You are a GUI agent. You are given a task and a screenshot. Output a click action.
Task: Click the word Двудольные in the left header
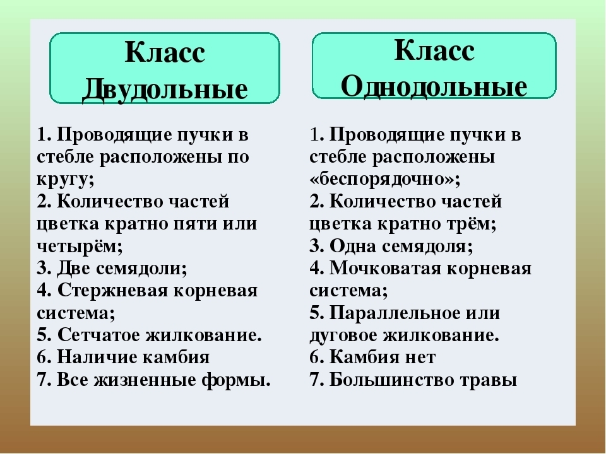tap(165, 90)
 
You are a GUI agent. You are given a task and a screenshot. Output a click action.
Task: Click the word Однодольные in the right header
tap(434, 86)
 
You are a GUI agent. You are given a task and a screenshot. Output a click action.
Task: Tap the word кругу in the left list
tap(64, 180)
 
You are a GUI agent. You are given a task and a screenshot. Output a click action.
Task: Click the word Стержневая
tap(112, 291)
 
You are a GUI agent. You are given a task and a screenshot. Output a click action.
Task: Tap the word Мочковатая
tap(385, 269)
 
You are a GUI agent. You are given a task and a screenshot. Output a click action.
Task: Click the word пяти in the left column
tap(193, 224)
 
